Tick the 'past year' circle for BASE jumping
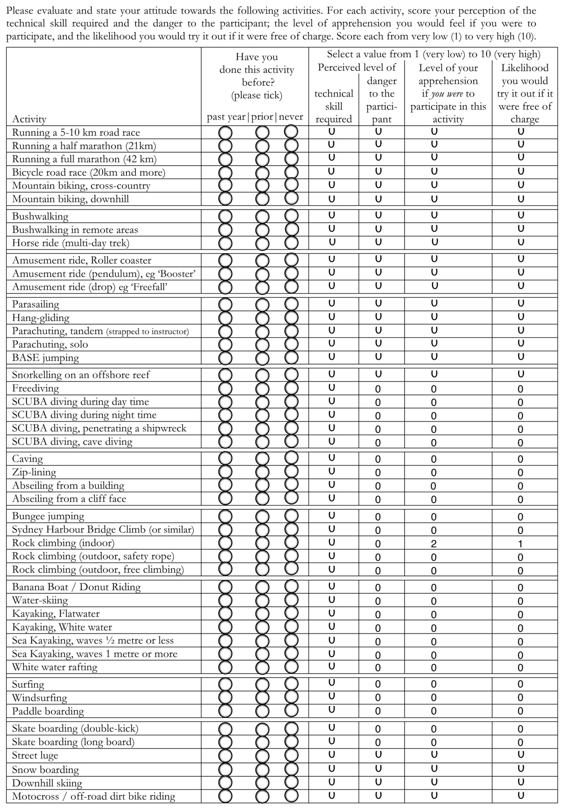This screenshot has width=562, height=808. (x=225, y=358)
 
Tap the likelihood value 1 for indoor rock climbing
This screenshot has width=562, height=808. (x=520, y=544)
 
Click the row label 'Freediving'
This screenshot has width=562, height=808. (x=36, y=388)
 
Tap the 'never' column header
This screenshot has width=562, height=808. (x=291, y=117)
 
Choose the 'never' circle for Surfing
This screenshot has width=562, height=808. (x=291, y=684)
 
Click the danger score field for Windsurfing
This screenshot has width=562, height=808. (x=378, y=697)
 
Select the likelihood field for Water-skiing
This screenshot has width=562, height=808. (x=520, y=601)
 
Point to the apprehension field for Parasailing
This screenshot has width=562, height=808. (x=434, y=303)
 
